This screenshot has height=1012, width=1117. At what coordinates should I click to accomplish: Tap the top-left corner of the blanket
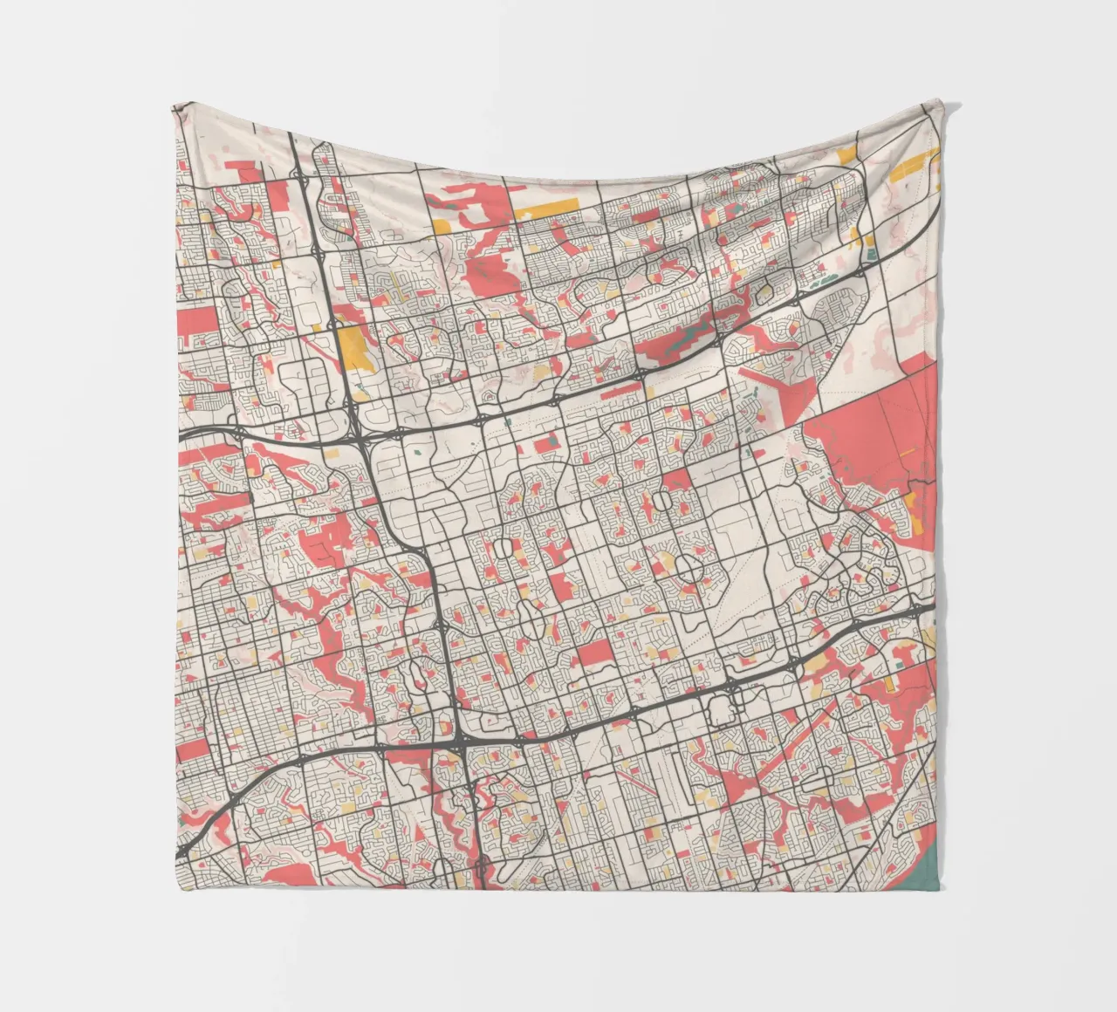tap(173, 106)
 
